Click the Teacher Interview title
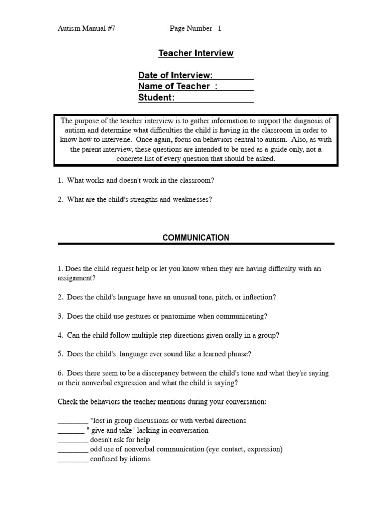(195, 53)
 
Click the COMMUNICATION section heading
(195, 237)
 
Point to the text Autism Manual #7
(86, 29)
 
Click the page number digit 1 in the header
(219, 29)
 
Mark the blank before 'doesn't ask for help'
(72, 440)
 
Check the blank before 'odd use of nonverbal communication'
(72, 450)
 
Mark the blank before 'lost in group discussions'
(72, 421)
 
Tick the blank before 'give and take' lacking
(71, 431)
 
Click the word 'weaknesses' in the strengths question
(194, 199)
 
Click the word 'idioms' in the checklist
(140, 459)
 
